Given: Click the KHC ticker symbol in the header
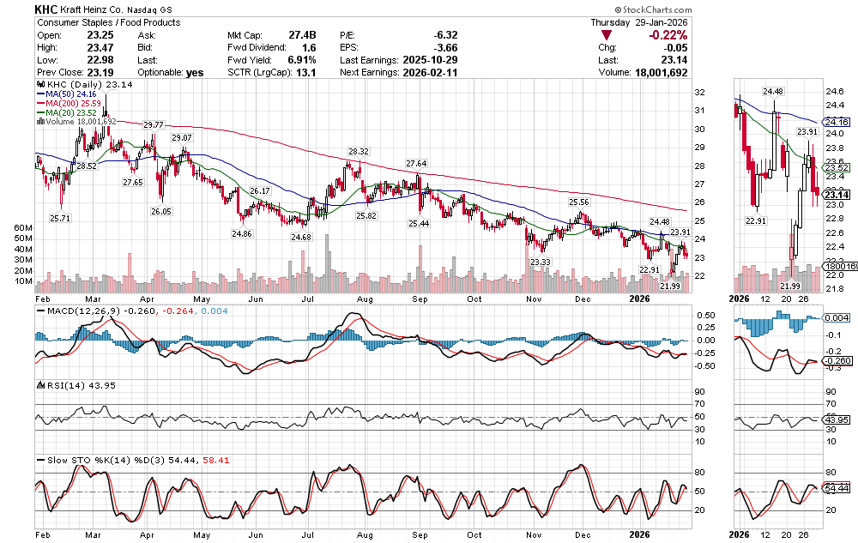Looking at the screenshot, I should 46,8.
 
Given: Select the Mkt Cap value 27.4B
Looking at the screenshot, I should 305,34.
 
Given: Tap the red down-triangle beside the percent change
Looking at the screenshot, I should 607,35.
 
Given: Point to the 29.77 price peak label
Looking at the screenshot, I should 154,125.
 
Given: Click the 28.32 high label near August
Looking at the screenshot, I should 358,152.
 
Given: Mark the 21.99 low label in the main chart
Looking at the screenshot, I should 670,286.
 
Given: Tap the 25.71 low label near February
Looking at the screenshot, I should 59,219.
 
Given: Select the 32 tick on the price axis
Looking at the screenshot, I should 699,93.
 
